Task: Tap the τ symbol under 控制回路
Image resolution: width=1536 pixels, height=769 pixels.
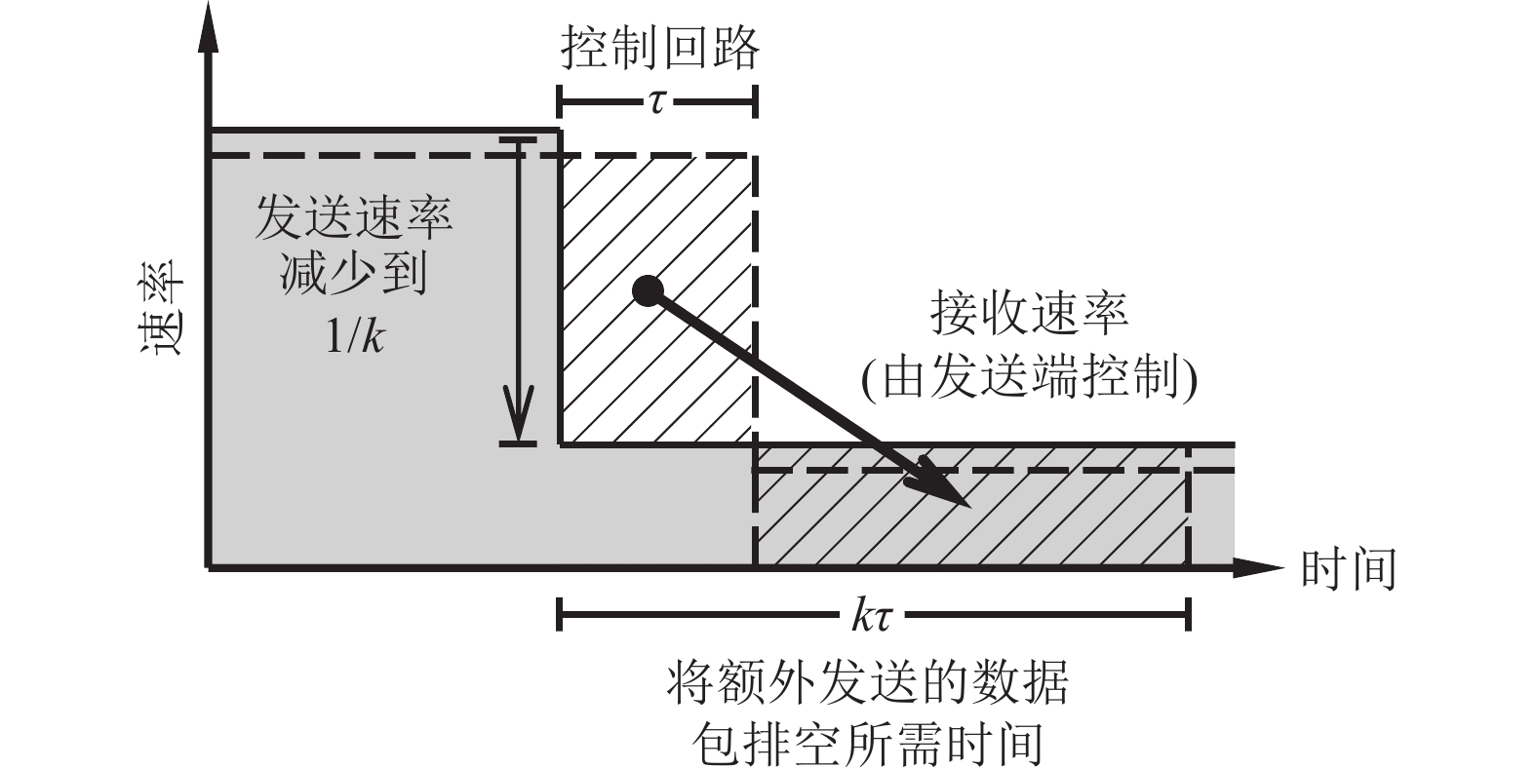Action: tap(656, 100)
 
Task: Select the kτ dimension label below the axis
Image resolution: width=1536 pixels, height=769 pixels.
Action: tap(873, 616)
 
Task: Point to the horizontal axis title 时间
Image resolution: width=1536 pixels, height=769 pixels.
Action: tap(1350, 568)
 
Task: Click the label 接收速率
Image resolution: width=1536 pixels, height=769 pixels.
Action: tap(1028, 314)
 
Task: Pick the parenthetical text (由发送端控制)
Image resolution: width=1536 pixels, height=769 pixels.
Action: tap(1028, 378)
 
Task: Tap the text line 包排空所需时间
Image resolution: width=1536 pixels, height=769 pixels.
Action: tap(867, 743)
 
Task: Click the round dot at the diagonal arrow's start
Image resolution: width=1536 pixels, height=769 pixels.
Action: tap(647, 289)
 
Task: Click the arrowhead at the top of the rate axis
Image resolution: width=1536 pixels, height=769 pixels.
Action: tap(208, 29)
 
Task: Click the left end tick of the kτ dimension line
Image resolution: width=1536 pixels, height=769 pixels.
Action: tap(559, 615)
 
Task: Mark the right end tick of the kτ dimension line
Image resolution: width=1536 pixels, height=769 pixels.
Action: tap(1188, 615)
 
